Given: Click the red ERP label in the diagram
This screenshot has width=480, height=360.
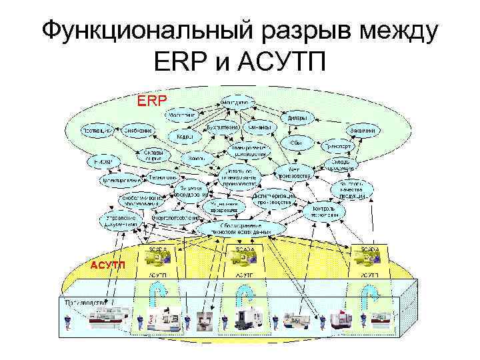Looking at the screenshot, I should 153,103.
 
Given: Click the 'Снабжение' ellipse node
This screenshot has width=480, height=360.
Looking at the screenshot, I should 139,131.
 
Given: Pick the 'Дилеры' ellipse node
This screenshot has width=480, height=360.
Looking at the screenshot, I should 297,118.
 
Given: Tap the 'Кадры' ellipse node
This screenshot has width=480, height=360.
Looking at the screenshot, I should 185,137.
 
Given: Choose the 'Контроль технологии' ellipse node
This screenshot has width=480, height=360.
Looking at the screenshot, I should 327,211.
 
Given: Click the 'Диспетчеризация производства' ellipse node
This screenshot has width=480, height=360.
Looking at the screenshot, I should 273,199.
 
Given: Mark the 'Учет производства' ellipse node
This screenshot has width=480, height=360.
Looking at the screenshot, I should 301,173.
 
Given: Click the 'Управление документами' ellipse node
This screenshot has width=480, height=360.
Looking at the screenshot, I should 121,221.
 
